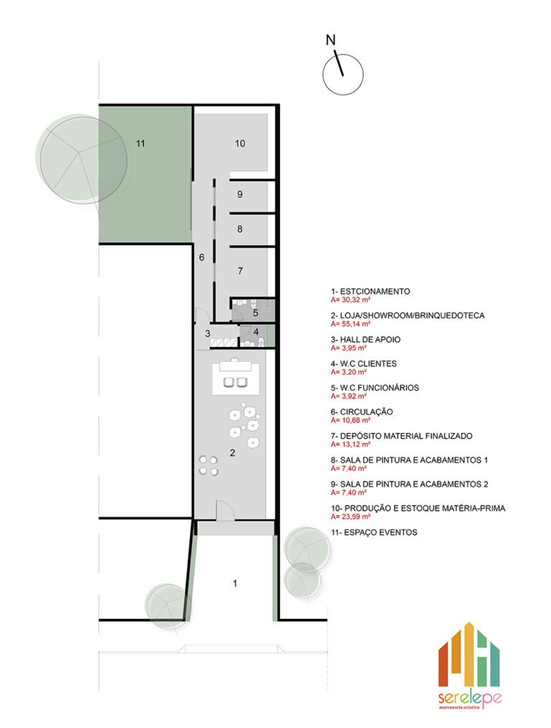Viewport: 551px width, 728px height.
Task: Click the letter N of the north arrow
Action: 331,40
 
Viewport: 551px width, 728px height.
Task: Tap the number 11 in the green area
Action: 141,144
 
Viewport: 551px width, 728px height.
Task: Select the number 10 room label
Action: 240,144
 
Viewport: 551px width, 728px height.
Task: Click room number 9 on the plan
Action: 240,194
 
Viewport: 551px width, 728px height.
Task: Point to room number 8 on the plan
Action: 240,229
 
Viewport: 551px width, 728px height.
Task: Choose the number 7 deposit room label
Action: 240,271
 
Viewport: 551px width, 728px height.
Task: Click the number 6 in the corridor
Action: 202,257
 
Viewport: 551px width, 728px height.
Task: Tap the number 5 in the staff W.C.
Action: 255,313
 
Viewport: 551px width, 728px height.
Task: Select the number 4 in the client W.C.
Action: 256,332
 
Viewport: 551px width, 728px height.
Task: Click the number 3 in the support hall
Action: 208,333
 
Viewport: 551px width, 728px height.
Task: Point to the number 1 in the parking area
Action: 235,583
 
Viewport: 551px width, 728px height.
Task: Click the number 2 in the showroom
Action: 232,453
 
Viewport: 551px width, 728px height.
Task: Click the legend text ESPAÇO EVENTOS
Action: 381,533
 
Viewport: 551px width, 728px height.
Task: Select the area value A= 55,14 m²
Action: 351,324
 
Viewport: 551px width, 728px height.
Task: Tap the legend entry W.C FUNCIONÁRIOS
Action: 380,388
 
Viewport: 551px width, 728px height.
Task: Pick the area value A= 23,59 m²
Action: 351,516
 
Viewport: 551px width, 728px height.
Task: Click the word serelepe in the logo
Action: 469,699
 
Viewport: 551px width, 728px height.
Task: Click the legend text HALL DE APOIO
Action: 371,340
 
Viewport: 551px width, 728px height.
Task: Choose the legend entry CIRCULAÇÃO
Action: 367,412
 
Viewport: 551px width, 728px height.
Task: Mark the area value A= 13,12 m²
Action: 351,444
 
